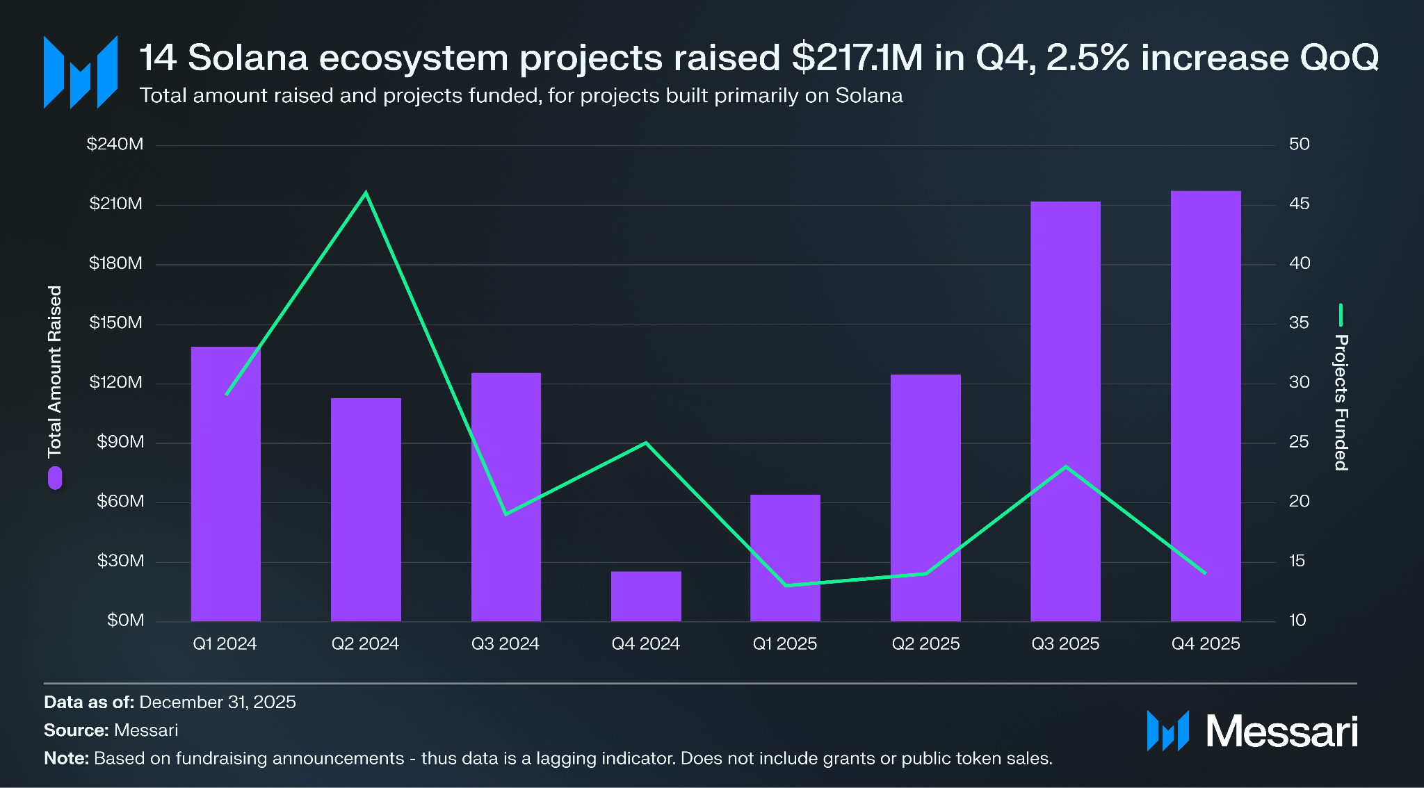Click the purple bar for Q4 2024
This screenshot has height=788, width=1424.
pos(646,596)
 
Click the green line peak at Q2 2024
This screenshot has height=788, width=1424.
pos(366,192)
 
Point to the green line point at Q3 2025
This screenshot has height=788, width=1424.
pos(1065,466)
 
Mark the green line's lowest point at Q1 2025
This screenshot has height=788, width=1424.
pos(786,585)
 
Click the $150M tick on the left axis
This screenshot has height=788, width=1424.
pos(115,323)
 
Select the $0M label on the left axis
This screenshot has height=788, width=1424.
pos(125,621)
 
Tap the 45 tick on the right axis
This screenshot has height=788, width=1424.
pos(1299,204)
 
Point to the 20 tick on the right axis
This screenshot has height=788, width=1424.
pos(1299,502)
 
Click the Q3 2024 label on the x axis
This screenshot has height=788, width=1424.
pos(505,644)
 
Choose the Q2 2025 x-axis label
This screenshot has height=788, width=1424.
pos(925,644)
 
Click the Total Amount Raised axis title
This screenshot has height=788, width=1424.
pos(55,372)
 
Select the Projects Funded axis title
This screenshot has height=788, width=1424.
pos(1341,402)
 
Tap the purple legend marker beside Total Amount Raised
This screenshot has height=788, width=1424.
pos(55,478)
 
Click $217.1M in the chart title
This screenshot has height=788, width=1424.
pos(857,58)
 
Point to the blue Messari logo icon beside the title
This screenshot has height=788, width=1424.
pos(80,72)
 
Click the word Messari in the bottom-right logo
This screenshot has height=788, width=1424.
pos(1281,732)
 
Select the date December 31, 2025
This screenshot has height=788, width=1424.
pos(218,703)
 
